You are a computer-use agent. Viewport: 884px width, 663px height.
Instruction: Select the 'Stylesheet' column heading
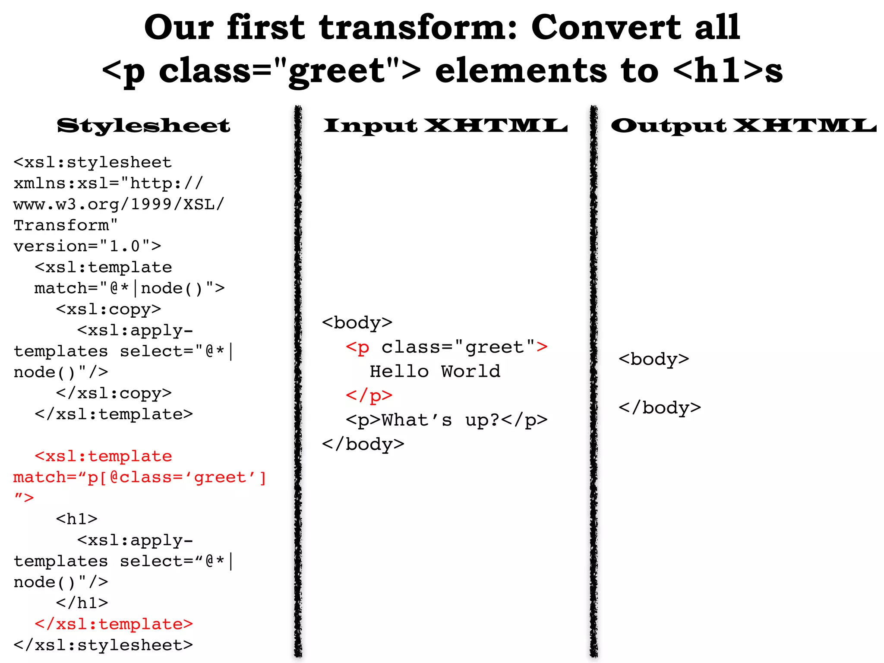(x=143, y=126)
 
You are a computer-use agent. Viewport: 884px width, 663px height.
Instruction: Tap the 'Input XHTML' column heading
(x=445, y=126)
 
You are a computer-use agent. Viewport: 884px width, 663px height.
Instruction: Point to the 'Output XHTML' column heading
(x=743, y=126)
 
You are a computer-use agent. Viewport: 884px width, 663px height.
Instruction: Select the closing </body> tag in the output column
(x=660, y=408)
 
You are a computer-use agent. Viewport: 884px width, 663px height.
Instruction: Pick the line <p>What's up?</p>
(x=446, y=420)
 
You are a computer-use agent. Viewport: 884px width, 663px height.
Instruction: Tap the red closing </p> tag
(x=369, y=395)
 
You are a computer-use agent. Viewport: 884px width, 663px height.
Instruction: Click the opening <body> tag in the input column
(x=357, y=323)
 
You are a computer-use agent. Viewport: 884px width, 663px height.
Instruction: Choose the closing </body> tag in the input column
(x=363, y=444)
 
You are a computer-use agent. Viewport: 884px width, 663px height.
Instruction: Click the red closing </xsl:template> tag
(x=114, y=624)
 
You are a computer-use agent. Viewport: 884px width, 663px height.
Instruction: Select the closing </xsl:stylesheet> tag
(x=103, y=645)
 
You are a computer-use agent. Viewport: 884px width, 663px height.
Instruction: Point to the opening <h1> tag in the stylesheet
(x=76, y=519)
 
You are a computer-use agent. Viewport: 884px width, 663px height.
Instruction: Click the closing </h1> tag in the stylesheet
(x=82, y=603)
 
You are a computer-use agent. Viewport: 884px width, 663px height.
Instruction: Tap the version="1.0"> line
(x=87, y=246)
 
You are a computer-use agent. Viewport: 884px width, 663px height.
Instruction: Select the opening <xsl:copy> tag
(x=108, y=309)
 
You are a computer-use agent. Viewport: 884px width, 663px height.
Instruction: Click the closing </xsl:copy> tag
(x=114, y=393)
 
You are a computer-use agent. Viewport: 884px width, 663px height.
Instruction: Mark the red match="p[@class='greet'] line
(x=140, y=477)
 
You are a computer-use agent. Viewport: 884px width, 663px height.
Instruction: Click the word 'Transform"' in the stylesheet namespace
(x=66, y=225)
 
